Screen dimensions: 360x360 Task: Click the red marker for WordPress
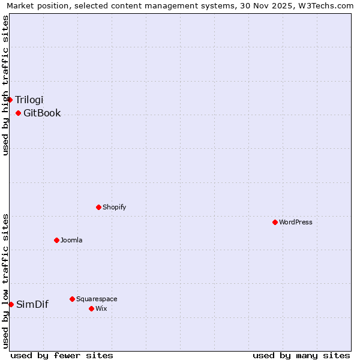pos(275,222)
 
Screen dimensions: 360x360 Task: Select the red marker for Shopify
pos(98,207)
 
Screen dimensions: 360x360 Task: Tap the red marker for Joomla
pos(56,240)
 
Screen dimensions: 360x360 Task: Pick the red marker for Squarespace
pos(72,299)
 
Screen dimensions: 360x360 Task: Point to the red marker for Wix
pos(91,308)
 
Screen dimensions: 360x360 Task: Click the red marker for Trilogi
pos(10,100)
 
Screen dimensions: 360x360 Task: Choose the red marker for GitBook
pos(18,113)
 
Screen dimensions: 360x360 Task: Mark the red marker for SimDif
pos(11,304)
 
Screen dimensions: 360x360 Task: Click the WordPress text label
pos(296,222)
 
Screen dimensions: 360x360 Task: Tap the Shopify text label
pos(115,207)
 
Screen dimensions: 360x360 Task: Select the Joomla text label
pos(71,240)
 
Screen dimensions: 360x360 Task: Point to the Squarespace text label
pos(97,299)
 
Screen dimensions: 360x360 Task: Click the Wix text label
pos(101,308)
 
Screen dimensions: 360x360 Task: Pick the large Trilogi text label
pos(29,100)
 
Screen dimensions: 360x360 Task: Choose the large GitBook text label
pos(42,113)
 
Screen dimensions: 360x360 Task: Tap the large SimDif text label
pos(32,304)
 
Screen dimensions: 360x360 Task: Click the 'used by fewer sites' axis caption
pos(62,355)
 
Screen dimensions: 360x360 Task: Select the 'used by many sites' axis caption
pos(301,355)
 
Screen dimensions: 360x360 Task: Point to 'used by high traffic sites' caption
pos(5,85)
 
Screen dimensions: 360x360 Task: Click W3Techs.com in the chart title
pos(326,6)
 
